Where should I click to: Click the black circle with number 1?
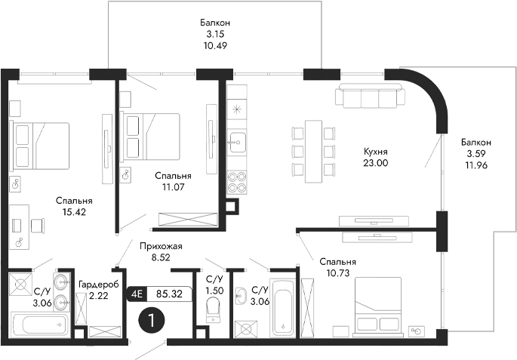click(152, 322)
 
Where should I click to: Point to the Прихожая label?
click(161, 245)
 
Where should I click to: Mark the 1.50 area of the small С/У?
click(214, 290)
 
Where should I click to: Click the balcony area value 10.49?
click(215, 45)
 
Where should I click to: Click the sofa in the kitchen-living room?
click(372, 97)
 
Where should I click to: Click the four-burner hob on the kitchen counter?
click(238, 183)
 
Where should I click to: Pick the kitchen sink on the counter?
click(238, 140)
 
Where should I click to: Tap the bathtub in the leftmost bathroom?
click(40, 326)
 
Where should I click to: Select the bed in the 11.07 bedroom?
click(152, 134)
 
